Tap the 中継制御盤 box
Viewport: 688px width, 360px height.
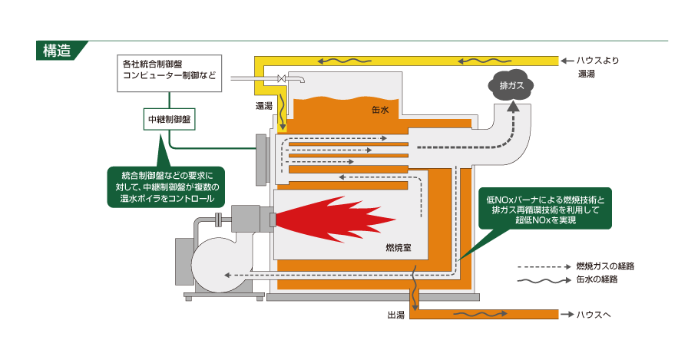[170, 121]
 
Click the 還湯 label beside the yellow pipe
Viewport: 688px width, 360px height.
[264, 106]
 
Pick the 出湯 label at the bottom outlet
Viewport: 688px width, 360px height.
[396, 315]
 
